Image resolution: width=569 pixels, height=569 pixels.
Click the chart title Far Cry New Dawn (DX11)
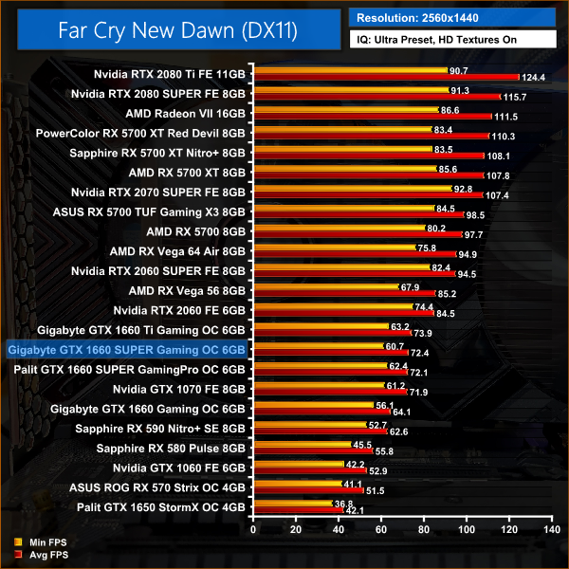pos(176,31)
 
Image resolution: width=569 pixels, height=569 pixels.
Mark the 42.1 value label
pos(355,511)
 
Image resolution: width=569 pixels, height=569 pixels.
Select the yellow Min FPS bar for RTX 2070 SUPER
pos(350,190)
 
